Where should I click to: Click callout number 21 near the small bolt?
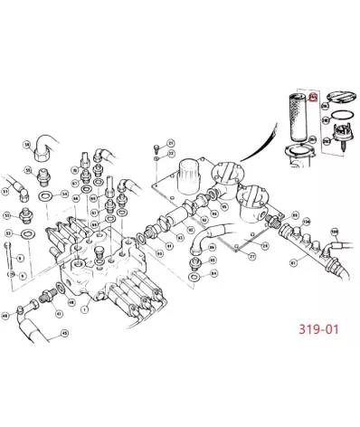tap(171, 144)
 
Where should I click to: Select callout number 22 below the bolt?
tap(171, 155)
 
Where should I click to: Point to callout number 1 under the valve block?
tap(85, 309)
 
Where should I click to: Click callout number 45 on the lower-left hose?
tap(64, 334)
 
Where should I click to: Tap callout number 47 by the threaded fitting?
tap(59, 314)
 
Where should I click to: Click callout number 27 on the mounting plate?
tap(251, 257)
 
